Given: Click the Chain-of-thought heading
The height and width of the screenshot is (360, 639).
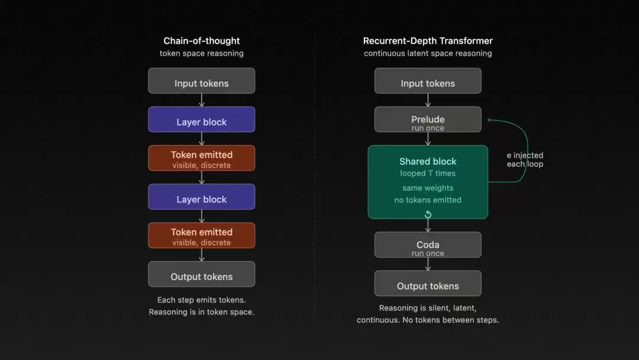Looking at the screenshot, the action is (x=201, y=41).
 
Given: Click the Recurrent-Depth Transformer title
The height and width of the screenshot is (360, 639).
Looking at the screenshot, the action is (x=428, y=41).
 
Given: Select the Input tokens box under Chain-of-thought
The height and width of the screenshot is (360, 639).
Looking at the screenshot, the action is (x=202, y=81).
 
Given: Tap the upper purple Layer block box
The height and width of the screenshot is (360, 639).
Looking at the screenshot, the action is (x=202, y=120).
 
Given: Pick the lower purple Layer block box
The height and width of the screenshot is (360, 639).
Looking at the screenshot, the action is (x=202, y=197).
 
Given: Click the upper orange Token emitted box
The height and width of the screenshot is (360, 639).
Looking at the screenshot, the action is (x=202, y=158).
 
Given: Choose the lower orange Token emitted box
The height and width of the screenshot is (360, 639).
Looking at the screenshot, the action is (x=202, y=235).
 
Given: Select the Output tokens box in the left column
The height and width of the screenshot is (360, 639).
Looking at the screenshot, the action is (x=202, y=274).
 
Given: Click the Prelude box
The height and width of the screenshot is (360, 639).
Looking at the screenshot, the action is (x=428, y=120).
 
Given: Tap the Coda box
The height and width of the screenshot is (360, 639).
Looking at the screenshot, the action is (x=428, y=245).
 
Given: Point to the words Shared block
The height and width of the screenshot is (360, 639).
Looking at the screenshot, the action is (x=428, y=162).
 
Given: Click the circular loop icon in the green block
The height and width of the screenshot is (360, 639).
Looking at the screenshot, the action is (x=428, y=214).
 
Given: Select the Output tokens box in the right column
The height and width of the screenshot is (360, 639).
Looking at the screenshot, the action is (x=428, y=284).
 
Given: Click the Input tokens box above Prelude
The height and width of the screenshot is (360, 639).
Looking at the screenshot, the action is (x=428, y=81).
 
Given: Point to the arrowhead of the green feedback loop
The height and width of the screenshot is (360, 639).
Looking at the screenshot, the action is (x=489, y=120).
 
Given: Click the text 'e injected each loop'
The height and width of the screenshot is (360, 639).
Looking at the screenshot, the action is (x=525, y=160).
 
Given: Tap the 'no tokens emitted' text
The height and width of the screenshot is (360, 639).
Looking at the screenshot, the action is (x=428, y=200).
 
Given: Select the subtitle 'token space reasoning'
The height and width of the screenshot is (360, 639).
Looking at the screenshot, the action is (x=201, y=53).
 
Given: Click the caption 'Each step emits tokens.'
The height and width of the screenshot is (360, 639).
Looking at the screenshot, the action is (x=201, y=300).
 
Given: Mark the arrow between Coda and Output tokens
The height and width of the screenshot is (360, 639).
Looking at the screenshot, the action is (x=428, y=264).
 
